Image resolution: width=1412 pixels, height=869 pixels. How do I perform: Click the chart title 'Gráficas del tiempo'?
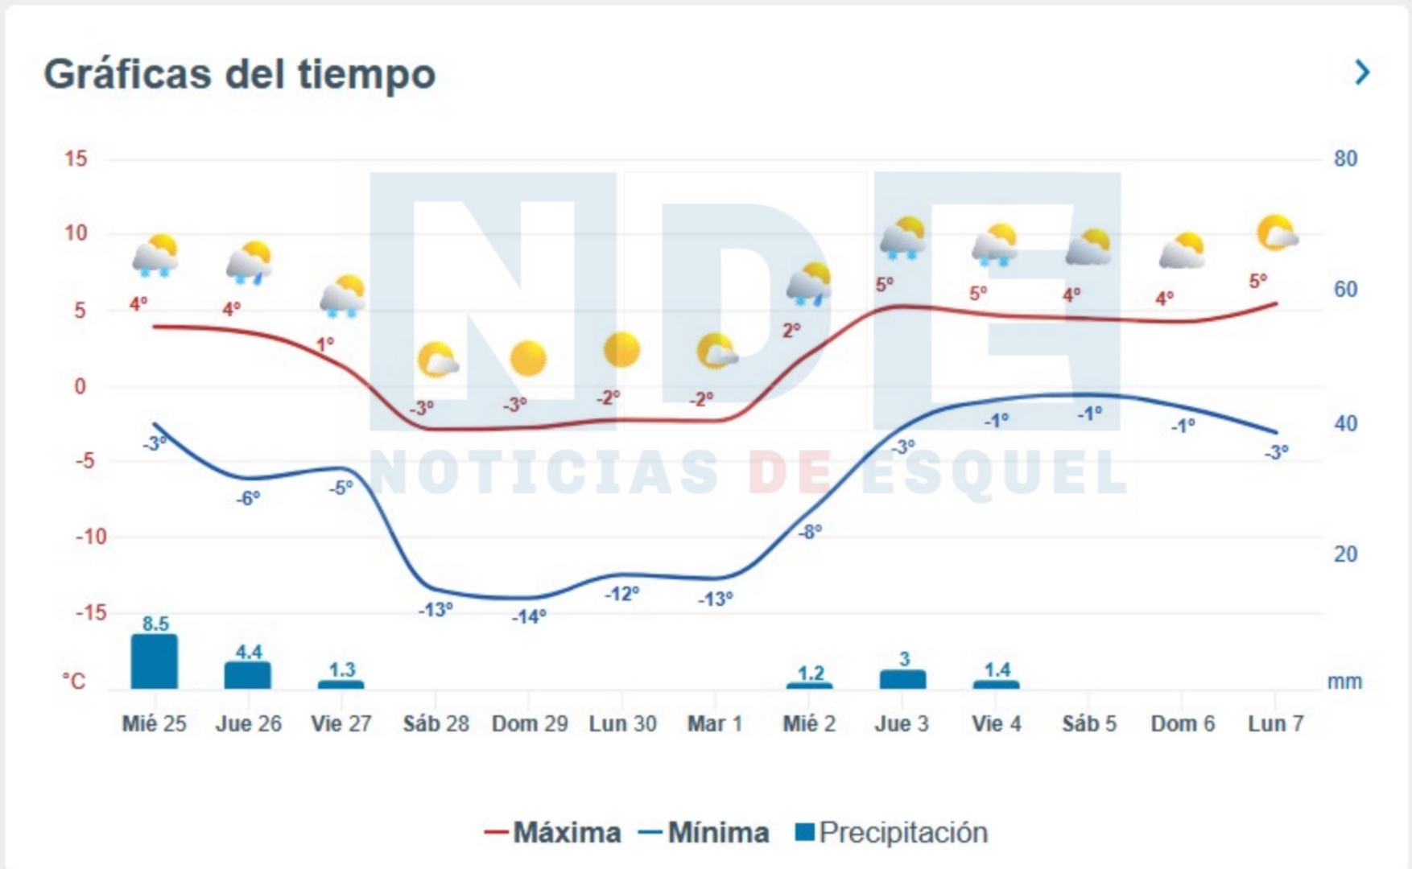(x=239, y=74)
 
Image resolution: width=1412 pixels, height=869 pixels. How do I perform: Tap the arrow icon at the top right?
(x=1362, y=72)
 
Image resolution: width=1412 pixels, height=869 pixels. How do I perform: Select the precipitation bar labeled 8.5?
(x=155, y=661)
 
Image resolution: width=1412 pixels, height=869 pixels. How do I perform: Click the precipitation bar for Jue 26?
(x=248, y=675)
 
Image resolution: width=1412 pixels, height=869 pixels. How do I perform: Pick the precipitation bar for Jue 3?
(x=902, y=679)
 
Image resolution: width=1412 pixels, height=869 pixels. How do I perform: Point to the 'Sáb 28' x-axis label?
(x=436, y=723)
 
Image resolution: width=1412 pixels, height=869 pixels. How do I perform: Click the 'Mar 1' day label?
(x=715, y=723)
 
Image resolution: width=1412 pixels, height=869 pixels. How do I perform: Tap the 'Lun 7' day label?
(x=1275, y=723)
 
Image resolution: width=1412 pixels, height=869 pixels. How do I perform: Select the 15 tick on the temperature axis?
(x=76, y=159)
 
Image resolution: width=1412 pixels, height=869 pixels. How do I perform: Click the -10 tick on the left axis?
(x=90, y=537)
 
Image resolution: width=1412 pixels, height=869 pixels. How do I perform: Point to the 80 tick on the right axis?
(x=1345, y=159)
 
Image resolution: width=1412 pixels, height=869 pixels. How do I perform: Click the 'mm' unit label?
(x=1344, y=682)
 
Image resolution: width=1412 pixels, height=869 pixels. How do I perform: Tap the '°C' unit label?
(x=74, y=682)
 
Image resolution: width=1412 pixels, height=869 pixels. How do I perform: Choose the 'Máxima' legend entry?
(x=553, y=832)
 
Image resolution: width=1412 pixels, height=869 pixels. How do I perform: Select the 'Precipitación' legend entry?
(x=891, y=832)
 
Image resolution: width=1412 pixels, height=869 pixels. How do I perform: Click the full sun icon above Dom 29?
(x=528, y=358)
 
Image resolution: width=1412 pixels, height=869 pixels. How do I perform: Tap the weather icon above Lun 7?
(x=1277, y=233)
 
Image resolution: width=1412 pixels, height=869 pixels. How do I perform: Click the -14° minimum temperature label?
(x=529, y=616)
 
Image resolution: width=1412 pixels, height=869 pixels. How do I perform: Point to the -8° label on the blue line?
(x=810, y=531)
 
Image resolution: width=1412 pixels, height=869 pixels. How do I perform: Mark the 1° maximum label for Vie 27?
(x=324, y=344)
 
